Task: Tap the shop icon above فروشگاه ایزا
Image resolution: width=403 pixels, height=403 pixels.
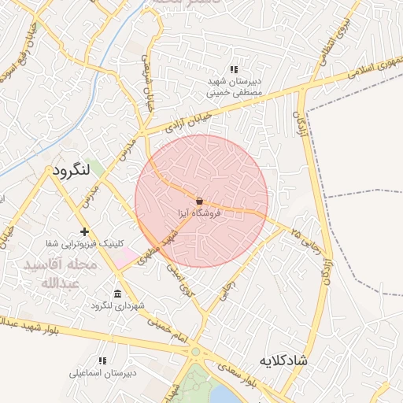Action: [198, 201]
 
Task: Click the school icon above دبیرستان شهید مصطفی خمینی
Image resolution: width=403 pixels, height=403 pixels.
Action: [233, 69]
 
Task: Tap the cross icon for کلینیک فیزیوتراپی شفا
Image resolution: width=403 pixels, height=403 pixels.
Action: [84, 231]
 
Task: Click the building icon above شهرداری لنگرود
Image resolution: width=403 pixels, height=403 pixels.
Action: [117, 294]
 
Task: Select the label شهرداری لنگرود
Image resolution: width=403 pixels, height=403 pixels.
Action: [117, 305]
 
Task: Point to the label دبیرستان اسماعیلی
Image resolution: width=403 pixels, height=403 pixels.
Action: [102, 372]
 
